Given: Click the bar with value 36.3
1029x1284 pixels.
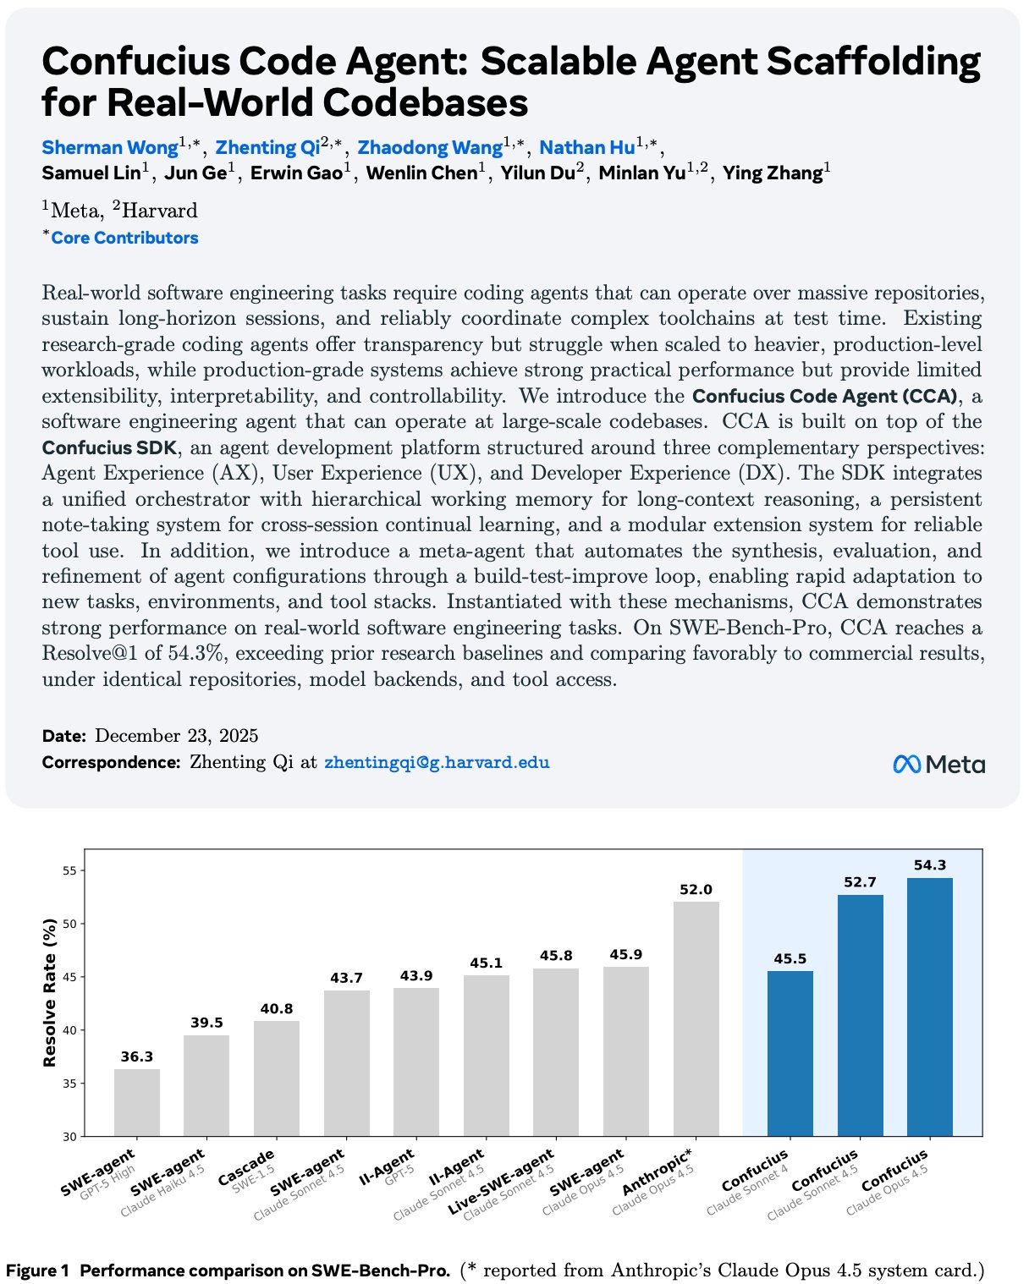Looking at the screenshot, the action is pos(137,1102).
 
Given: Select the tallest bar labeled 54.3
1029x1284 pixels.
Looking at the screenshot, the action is pos(929,1007).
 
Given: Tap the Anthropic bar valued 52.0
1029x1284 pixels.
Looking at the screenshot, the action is pos(696,1018).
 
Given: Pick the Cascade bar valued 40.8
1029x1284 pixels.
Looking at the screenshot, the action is pos(277,1078).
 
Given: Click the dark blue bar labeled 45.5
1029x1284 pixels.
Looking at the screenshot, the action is pos(790,1053).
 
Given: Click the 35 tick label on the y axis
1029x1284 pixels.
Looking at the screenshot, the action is pos(69,1083).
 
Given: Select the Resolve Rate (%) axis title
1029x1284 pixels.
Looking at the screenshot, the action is pos(50,992).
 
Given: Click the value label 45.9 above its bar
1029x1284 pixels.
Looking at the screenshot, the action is pos(625,955).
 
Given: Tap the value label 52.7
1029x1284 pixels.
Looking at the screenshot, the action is pos(860,882).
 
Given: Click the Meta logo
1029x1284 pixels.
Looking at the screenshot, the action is pos(938,765).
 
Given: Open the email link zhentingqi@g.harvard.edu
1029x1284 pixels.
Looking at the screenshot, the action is pos(437,762).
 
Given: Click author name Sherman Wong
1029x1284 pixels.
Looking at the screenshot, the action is pos(110,147).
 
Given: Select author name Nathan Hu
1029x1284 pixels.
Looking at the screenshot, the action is pos(587,147).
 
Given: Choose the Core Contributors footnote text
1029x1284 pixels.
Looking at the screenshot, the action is pos(124,238).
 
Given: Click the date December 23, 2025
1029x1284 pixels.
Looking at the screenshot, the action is pos(177,736).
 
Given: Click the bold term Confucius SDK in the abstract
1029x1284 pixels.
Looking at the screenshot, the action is pos(109,447).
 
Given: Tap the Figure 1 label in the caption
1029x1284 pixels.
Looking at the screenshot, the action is pos(37,1270).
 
